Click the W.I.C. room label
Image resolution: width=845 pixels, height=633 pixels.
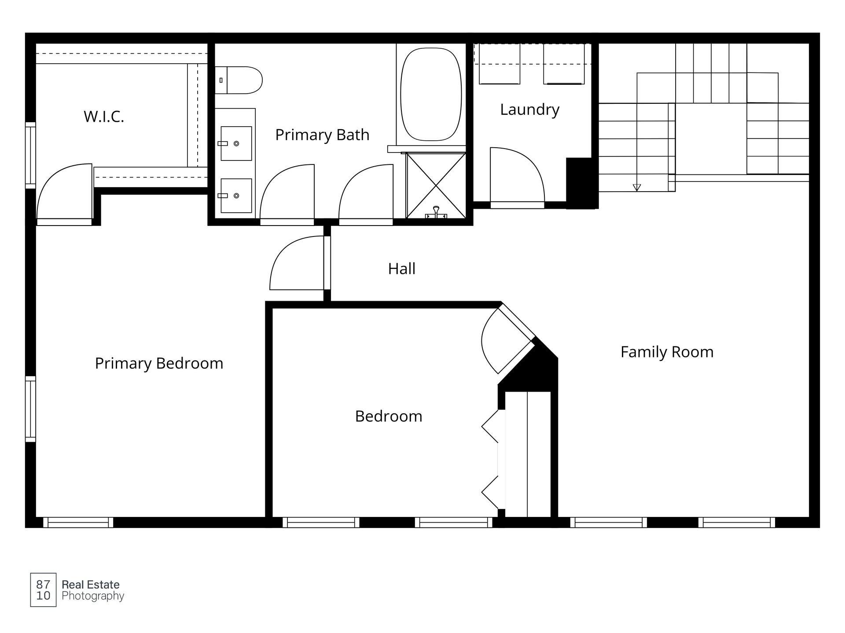tap(104, 116)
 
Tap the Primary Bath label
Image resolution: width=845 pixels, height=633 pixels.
tap(322, 135)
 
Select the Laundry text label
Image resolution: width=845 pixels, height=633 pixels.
tap(529, 109)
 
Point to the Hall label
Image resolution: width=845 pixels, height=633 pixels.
tap(401, 269)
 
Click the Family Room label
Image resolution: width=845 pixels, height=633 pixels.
tap(667, 352)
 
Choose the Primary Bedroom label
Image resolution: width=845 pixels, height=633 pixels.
tap(159, 363)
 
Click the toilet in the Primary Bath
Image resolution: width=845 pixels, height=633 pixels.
tap(239, 80)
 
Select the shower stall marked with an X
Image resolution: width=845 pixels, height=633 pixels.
tap(436, 186)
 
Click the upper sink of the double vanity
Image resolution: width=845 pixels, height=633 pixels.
tap(236, 143)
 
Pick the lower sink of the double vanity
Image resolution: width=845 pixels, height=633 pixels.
tap(236, 196)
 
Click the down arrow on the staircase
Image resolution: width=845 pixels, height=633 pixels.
tap(637, 187)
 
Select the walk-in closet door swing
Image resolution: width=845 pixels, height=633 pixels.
tap(64, 193)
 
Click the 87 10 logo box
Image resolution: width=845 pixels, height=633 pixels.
tap(43, 590)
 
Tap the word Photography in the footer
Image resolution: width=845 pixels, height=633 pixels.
tap(93, 596)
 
